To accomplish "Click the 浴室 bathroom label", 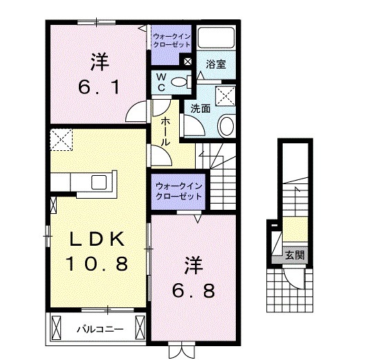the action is point(216,64).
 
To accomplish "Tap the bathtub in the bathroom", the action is point(216,37).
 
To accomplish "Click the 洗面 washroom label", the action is point(201,109).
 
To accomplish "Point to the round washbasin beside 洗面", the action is point(226,126).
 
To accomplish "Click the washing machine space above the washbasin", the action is point(225,96).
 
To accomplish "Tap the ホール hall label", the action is point(165,132).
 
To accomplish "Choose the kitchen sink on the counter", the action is point(99,182).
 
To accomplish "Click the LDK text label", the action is point(97,239).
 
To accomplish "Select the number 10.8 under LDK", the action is point(97,264).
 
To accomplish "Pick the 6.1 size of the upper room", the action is point(100,87).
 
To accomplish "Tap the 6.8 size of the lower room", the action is point(193,291).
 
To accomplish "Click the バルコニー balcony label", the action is point(100,330).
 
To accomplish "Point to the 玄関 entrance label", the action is point(295,255).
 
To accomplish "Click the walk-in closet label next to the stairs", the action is point(178,191).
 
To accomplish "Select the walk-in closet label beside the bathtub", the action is point(171,41).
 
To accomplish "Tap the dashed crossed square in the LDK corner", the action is point(61,139).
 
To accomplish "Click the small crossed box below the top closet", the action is point(187,62).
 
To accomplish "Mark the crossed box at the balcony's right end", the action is point(140,327).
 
